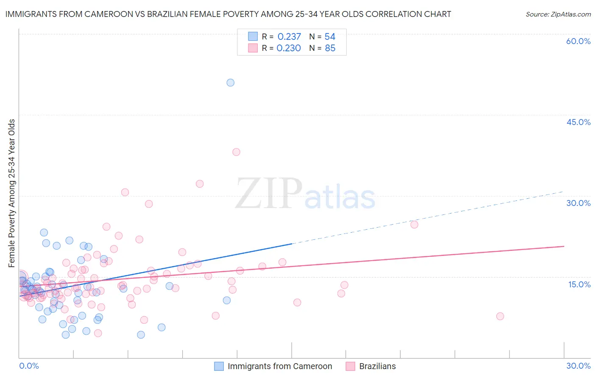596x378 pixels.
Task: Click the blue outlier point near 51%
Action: click(x=230, y=83)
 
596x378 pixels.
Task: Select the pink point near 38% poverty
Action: click(x=236, y=152)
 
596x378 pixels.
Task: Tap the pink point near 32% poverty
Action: click(x=200, y=184)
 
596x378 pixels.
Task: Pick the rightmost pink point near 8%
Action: click(x=500, y=316)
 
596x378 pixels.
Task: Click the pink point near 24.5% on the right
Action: click(x=414, y=225)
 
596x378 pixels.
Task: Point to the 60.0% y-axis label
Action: click(x=578, y=41)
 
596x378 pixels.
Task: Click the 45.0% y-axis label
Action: click(x=578, y=122)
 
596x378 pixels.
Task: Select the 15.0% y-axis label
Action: click(x=579, y=284)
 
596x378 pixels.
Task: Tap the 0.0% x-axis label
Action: click(x=29, y=366)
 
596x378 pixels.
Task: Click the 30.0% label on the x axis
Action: click(x=578, y=366)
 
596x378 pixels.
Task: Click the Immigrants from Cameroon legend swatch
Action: click(x=219, y=366)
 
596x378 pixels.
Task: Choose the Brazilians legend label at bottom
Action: click(x=377, y=366)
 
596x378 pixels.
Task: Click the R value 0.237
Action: click(x=289, y=37)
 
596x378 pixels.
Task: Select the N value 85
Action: click(x=330, y=48)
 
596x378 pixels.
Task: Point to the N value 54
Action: click(x=330, y=37)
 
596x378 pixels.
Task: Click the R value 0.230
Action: click(x=289, y=48)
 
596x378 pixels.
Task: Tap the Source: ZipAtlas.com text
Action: click(x=558, y=14)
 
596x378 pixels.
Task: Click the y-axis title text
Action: click(x=12, y=193)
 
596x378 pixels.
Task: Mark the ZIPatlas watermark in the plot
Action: click(x=305, y=195)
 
